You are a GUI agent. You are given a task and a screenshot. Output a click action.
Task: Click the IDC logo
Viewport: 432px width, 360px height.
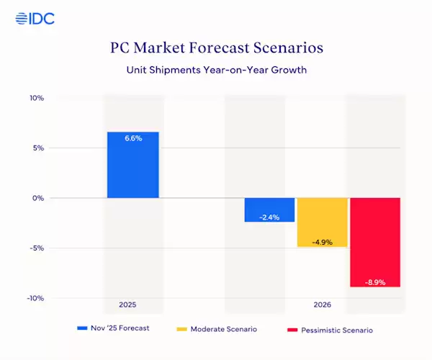click(35, 18)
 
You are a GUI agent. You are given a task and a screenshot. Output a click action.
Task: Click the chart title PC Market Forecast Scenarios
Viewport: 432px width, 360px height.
click(216, 49)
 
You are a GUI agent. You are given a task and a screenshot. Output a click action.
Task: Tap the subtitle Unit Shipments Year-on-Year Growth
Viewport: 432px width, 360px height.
click(216, 71)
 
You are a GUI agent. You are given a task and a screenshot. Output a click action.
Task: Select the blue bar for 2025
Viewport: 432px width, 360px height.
click(133, 165)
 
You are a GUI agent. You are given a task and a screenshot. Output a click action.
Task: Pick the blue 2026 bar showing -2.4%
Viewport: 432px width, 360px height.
click(269, 210)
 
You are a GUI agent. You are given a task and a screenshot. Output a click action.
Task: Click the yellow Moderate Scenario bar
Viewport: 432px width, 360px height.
click(322, 222)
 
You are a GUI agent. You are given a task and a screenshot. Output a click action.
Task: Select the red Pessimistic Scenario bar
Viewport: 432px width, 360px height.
click(374, 242)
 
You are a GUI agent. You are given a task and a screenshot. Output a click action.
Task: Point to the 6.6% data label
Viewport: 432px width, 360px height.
click(133, 138)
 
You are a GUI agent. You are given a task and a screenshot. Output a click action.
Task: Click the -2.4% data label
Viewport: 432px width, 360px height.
click(269, 216)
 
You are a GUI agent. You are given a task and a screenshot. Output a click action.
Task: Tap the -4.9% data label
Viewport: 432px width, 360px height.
click(322, 242)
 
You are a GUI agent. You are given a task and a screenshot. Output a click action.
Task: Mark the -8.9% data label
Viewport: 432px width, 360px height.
click(374, 282)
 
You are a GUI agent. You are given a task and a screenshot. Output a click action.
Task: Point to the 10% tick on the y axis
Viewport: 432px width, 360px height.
click(36, 98)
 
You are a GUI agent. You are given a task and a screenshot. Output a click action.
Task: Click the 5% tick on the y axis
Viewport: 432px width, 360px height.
click(37, 148)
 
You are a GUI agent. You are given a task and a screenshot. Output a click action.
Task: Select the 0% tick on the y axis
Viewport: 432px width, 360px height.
click(37, 198)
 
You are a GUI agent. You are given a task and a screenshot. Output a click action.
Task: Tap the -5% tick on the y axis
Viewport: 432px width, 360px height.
click(36, 248)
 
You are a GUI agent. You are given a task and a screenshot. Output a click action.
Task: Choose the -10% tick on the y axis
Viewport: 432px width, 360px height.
click(35, 298)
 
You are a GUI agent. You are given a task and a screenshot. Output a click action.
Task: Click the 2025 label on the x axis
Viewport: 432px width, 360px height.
click(133, 305)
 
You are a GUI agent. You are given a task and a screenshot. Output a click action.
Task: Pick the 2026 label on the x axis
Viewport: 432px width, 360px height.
click(322, 305)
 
